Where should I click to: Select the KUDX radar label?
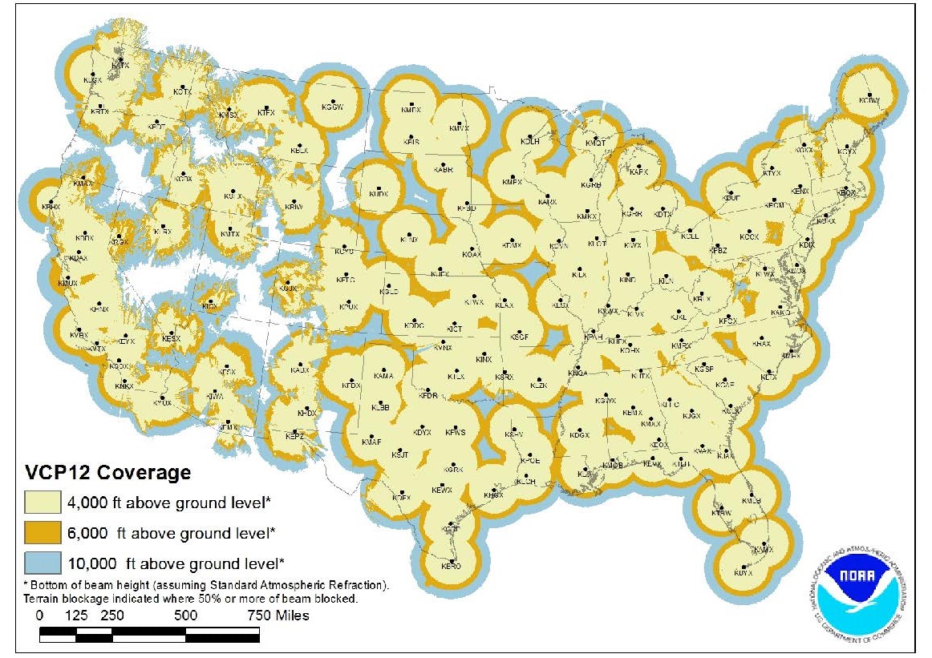(378, 194)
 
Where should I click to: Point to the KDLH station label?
(529, 141)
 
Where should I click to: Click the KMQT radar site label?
(594, 143)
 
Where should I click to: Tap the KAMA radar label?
(383, 376)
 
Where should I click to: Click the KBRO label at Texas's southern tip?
(451, 566)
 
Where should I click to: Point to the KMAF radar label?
(371, 442)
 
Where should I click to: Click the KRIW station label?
(294, 207)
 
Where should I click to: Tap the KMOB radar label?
(613, 465)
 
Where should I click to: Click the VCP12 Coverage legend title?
(107, 472)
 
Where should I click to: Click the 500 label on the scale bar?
(185, 616)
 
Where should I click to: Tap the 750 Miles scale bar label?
(277, 616)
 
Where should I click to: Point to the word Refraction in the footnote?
(359, 586)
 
